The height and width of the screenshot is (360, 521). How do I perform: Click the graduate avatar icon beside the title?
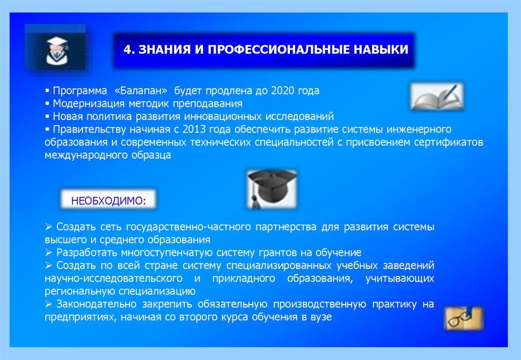pyautogui.click(x=55, y=47)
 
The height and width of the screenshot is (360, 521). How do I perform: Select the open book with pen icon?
pyautogui.click(x=437, y=97)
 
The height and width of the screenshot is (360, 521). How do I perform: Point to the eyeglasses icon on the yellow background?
pyautogui.click(x=464, y=318)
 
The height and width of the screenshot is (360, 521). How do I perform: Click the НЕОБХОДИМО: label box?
pyautogui.click(x=108, y=200)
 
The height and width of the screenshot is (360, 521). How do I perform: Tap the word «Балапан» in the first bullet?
pyautogui.click(x=140, y=91)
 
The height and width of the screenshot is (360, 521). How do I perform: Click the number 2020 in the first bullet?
pyautogui.click(x=282, y=91)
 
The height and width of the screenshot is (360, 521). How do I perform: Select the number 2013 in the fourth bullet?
pyautogui.click(x=194, y=129)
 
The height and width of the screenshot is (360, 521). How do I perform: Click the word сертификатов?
pyautogui.click(x=448, y=142)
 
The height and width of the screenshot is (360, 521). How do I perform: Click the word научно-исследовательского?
pyautogui.click(x=113, y=278)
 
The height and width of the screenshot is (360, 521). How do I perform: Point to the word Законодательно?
pyautogui.click(x=96, y=304)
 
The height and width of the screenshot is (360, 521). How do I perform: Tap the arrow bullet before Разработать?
pyautogui.click(x=48, y=253)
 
